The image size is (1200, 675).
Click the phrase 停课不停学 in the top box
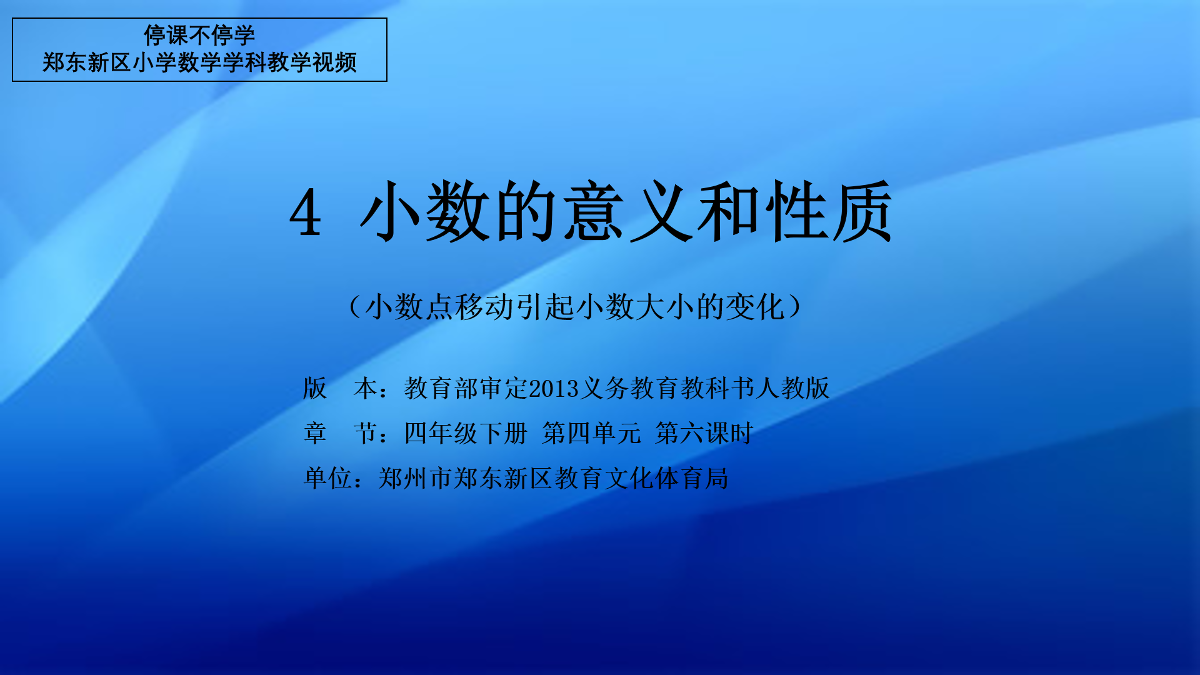199,36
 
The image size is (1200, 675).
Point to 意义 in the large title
628,211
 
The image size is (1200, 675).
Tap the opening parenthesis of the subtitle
354,307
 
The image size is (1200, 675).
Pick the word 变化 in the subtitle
755,307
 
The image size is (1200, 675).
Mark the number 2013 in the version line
555,389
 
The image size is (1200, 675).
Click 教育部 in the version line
441,388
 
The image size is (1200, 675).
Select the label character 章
315,433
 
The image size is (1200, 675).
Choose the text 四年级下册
466,433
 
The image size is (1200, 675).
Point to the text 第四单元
591,433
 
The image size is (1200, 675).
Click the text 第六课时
704,433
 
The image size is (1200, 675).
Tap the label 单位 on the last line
327,478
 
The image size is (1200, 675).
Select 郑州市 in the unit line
415,478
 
